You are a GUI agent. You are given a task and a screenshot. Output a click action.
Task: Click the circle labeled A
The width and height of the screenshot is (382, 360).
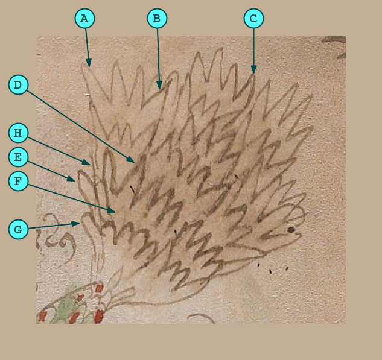click(84, 19)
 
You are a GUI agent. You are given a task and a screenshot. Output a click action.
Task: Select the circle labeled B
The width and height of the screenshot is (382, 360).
click(157, 19)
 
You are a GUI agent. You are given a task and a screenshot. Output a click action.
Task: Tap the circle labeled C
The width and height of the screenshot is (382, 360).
click(253, 19)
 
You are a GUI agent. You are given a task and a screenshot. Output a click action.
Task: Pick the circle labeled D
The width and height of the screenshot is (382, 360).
click(18, 84)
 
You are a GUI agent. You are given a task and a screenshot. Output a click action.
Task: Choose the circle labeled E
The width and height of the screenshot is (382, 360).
click(18, 157)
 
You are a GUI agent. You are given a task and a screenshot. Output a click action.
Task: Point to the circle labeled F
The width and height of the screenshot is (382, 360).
click(18, 181)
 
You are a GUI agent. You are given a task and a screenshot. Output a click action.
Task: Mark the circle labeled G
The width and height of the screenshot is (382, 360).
click(18, 229)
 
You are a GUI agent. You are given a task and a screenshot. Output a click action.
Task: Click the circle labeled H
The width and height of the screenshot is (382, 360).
click(18, 133)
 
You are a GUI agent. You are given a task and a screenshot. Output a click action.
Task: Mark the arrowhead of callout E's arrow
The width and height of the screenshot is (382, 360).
click(72, 180)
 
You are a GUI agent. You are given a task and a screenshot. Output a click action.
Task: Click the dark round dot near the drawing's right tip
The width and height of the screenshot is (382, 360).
click(291, 230)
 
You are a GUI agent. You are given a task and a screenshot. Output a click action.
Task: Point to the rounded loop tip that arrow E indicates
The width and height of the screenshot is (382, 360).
click(80, 173)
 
